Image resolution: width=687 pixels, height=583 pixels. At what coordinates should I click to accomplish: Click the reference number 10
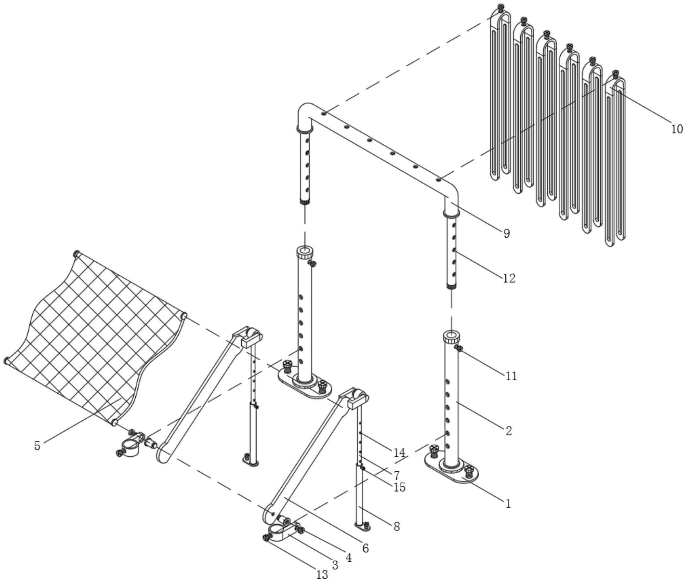click(x=677, y=129)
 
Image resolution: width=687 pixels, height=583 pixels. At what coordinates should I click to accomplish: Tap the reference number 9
click(x=507, y=234)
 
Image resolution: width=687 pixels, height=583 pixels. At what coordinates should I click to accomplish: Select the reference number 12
click(x=509, y=278)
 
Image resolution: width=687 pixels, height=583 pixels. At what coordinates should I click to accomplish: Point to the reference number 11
click(x=510, y=376)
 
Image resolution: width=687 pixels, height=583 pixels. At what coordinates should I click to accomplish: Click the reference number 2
click(x=509, y=431)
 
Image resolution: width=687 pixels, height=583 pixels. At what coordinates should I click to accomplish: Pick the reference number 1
click(x=508, y=504)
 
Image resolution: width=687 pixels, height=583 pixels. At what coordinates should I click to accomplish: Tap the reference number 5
click(x=37, y=446)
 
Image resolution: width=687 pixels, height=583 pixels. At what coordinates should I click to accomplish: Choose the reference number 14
click(x=399, y=453)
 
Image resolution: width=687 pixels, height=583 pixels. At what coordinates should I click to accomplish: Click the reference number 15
click(x=400, y=487)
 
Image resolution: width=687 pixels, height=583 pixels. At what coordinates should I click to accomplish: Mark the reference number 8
click(x=397, y=527)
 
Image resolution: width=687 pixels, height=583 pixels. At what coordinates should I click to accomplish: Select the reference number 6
click(x=366, y=548)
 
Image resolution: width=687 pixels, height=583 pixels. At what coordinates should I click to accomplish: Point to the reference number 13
click(x=322, y=575)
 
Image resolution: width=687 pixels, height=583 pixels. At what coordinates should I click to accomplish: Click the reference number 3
click(x=335, y=565)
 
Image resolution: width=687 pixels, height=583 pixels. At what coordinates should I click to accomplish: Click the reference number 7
click(x=396, y=476)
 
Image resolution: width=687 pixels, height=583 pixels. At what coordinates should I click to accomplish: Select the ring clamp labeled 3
click(x=279, y=534)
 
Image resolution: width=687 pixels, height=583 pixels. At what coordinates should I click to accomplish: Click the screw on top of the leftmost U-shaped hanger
click(x=500, y=7)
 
